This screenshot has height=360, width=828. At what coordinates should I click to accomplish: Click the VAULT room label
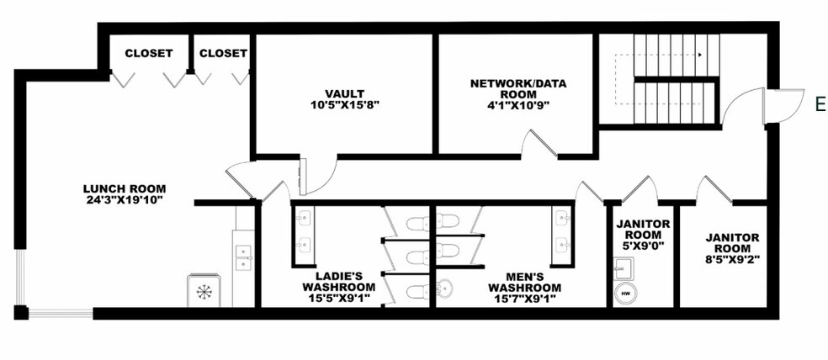(345, 94)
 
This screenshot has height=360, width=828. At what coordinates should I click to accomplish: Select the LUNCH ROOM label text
(125, 188)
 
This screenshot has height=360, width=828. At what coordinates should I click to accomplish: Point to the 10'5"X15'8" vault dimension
(345, 104)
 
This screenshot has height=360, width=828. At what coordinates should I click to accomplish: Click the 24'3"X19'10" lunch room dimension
(125, 199)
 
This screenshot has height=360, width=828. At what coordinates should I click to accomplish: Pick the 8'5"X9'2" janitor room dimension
(732, 259)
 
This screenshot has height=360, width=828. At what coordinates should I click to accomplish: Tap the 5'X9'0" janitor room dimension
(642, 246)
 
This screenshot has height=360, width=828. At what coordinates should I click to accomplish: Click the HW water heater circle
(626, 293)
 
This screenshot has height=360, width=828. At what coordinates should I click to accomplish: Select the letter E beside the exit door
(820, 104)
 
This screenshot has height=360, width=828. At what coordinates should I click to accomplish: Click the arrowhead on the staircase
(701, 55)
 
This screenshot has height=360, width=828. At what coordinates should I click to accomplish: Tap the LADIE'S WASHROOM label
(338, 282)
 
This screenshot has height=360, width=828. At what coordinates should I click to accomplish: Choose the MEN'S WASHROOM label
(524, 282)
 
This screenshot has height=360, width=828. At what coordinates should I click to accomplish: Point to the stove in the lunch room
(204, 290)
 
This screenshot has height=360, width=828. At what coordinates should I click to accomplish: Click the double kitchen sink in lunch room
(242, 257)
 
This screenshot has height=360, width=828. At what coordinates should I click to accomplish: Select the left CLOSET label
(149, 53)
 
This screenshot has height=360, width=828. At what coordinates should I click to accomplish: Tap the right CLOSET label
(223, 53)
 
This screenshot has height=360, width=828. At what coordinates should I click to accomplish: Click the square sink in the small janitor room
(624, 268)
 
